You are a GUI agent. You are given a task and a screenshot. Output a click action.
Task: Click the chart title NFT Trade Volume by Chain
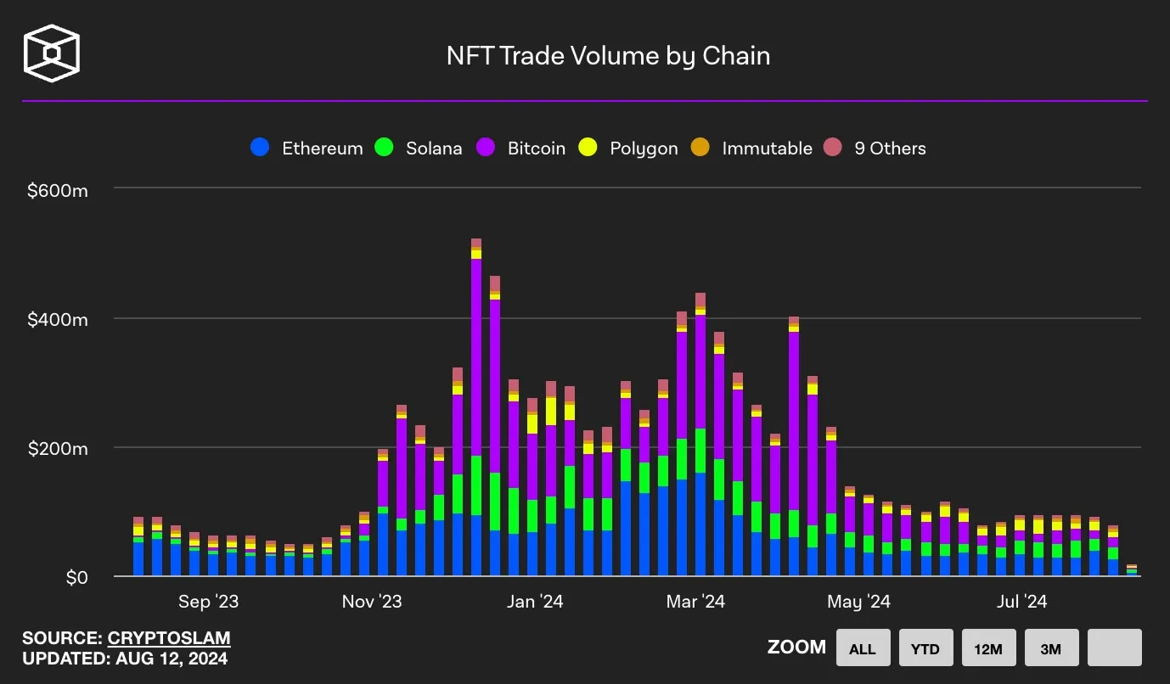(608, 56)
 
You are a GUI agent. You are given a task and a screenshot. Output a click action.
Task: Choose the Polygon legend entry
(628, 149)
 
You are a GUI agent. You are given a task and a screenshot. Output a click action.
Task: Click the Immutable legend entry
(751, 149)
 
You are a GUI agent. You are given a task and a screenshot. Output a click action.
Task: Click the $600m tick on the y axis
(58, 191)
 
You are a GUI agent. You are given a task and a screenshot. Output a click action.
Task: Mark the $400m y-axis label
(58, 321)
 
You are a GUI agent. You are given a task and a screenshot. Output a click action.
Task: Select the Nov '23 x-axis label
(371, 602)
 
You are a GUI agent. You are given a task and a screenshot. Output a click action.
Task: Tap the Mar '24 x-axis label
(695, 602)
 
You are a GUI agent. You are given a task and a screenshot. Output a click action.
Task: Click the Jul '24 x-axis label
(1021, 602)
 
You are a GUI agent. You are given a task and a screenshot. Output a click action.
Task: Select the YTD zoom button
(925, 649)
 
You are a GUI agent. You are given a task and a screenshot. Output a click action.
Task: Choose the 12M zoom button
(988, 649)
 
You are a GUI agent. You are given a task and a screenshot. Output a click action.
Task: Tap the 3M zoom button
(1051, 649)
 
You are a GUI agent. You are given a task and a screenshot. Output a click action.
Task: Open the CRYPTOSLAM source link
(169, 638)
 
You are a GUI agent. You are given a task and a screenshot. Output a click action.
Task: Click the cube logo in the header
(52, 53)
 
